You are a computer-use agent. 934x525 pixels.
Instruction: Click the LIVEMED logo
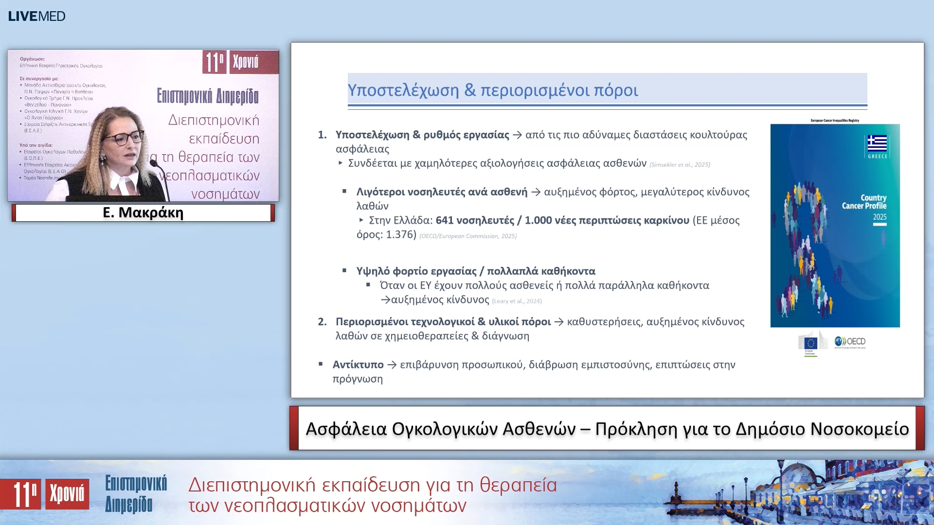[36, 16]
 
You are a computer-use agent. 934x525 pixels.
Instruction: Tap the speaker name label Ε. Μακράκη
[143, 213]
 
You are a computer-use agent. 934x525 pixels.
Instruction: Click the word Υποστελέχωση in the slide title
[403, 90]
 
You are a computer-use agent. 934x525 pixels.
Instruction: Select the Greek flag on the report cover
[877, 143]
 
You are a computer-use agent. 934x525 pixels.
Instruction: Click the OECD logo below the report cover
[850, 342]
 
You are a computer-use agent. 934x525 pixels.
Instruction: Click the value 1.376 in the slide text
[401, 235]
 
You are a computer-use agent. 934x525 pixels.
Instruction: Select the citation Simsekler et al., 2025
[680, 165]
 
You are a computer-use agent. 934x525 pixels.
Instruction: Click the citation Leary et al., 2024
[517, 301]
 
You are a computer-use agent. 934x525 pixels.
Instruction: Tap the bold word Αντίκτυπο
[358, 365]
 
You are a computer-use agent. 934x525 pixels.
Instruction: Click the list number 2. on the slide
[322, 322]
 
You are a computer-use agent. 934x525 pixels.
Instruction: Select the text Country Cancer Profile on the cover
[864, 202]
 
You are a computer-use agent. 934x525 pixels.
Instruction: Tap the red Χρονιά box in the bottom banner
[67, 494]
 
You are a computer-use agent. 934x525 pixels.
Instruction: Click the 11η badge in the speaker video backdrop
[214, 62]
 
